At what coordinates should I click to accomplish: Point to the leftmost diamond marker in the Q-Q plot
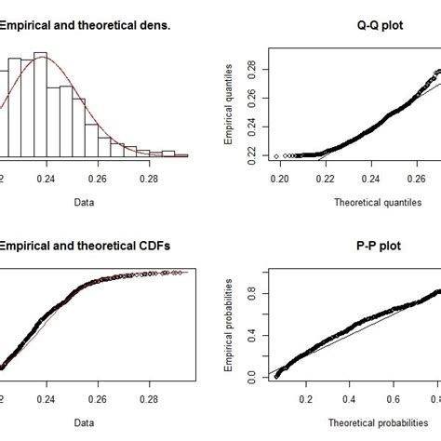(276, 155)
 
